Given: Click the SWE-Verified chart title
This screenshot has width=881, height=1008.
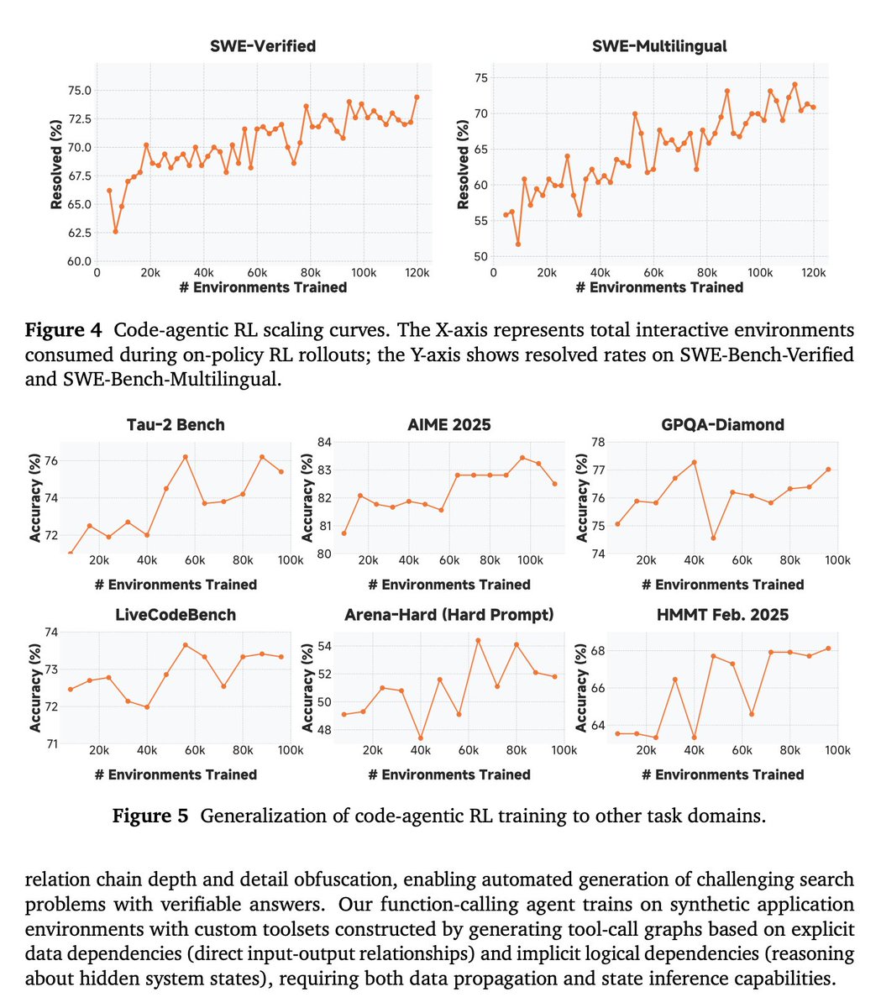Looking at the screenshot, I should pyautogui.click(x=263, y=46).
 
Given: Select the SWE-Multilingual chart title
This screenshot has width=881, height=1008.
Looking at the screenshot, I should pyautogui.click(x=659, y=46).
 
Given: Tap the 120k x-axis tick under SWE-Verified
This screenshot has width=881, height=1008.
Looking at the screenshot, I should pyautogui.click(x=416, y=273).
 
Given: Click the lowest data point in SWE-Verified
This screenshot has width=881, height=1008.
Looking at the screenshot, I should pyautogui.click(x=115, y=231).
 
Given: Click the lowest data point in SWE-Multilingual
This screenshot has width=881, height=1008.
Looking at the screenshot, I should pyautogui.click(x=518, y=244).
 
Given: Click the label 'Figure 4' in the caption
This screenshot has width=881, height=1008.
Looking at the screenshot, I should pyautogui.click(x=64, y=330).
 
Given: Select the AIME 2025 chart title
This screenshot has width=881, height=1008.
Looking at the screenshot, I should pyautogui.click(x=448, y=424).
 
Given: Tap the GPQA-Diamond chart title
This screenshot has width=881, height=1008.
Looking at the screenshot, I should pyautogui.click(x=722, y=424).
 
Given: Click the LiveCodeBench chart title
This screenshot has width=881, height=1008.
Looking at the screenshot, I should pyautogui.click(x=175, y=615).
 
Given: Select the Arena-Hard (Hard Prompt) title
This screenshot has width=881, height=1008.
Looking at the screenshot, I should pyautogui.click(x=448, y=615).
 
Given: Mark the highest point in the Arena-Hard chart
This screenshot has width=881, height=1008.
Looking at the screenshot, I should pyautogui.click(x=478, y=640).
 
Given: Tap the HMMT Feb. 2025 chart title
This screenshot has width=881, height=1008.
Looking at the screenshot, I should pyautogui.click(x=722, y=615).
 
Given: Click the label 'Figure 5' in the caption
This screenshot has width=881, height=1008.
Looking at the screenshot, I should pyautogui.click(x=150, y=816).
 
